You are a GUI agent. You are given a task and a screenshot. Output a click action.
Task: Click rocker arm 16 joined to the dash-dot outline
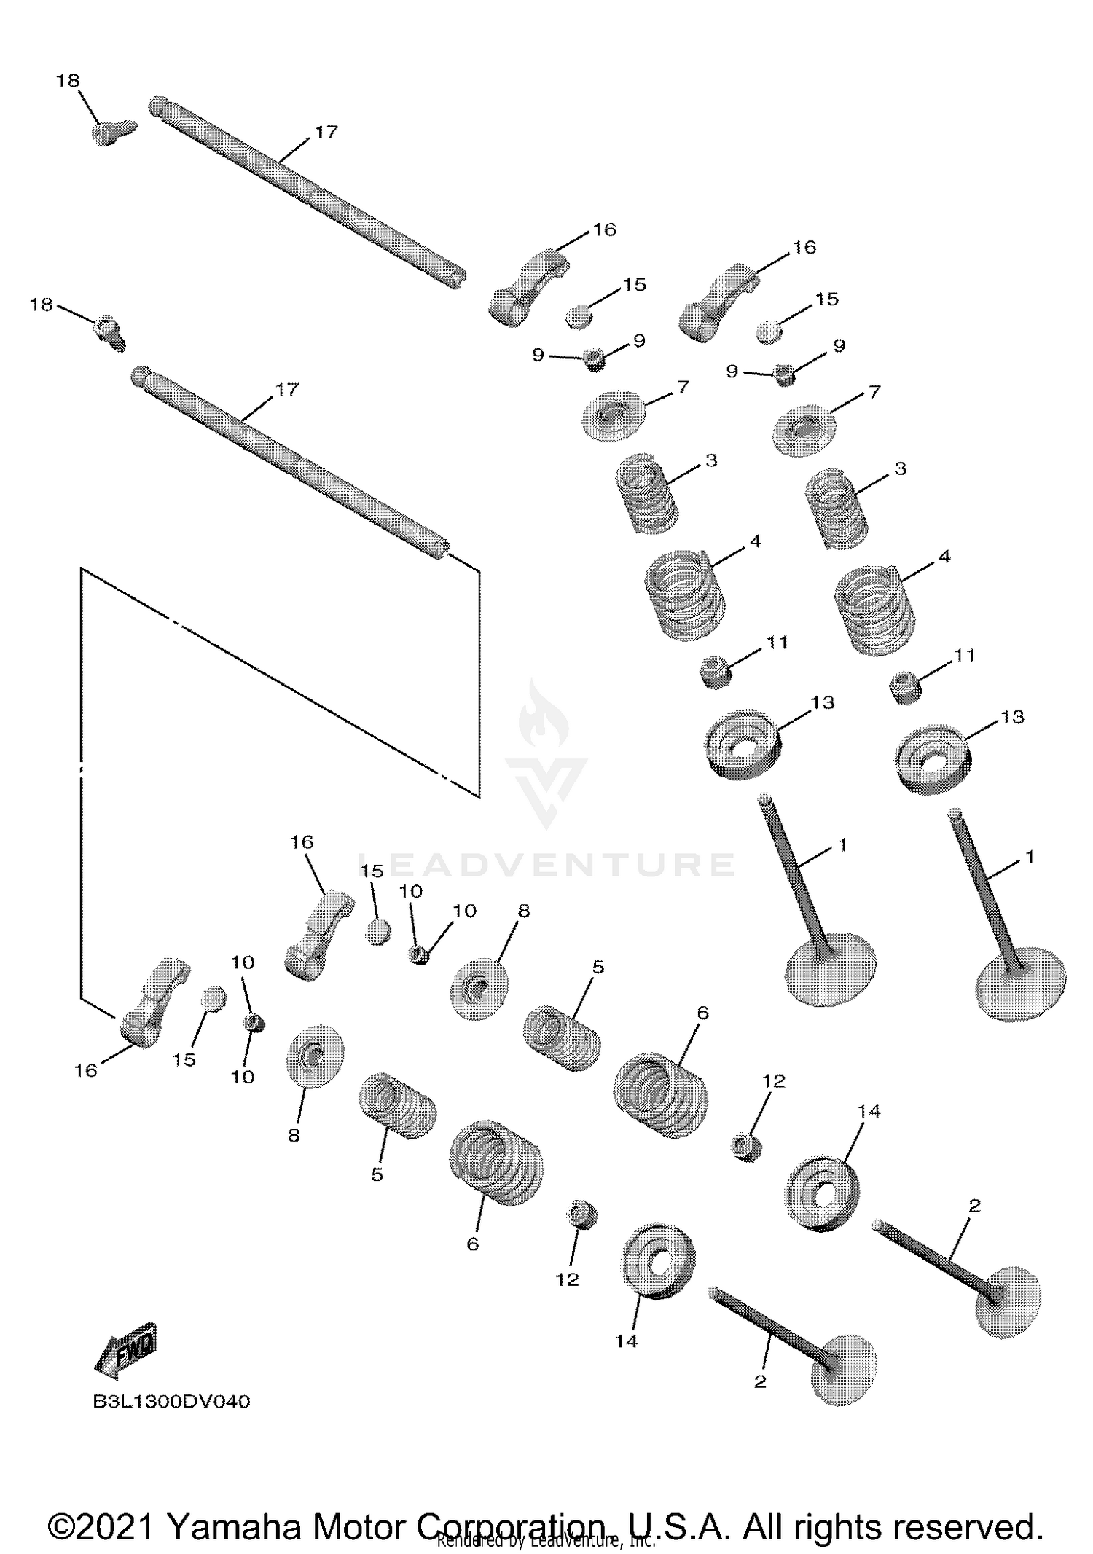click(149, 1005)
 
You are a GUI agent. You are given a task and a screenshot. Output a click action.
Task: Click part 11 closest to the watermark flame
click(715, 671)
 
